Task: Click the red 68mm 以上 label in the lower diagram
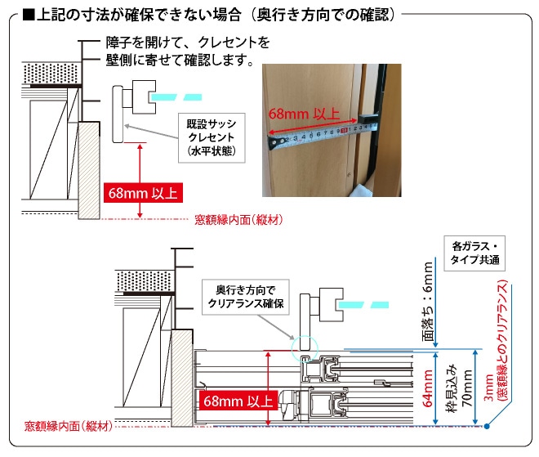[x=238, y=401]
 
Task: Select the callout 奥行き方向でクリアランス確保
[x=244, y=298]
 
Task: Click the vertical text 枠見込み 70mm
[x=457, y=388]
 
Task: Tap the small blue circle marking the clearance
[x=304, y=347]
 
